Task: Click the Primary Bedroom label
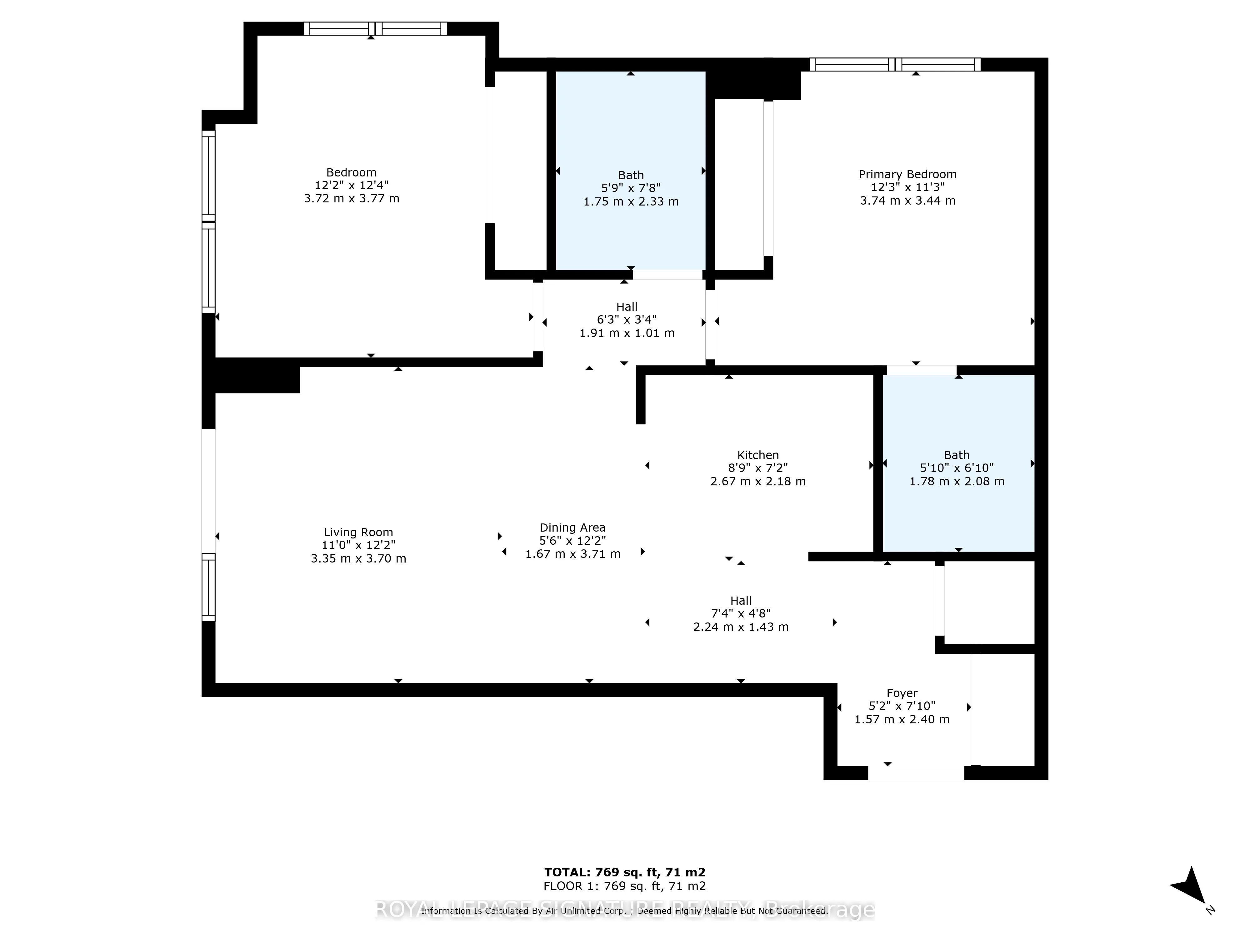point(907,175)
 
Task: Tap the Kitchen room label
point(758,455)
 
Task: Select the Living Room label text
point(358,532)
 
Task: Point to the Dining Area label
point(572,528)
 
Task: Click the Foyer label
point(902,693)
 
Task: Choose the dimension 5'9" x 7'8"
point(631,188)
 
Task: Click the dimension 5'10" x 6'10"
point(957,468)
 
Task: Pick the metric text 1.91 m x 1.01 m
point(627,333)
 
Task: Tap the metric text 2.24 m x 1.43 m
point(741,627)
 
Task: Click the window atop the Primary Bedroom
point(895,64)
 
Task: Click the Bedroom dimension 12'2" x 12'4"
point(352,185)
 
